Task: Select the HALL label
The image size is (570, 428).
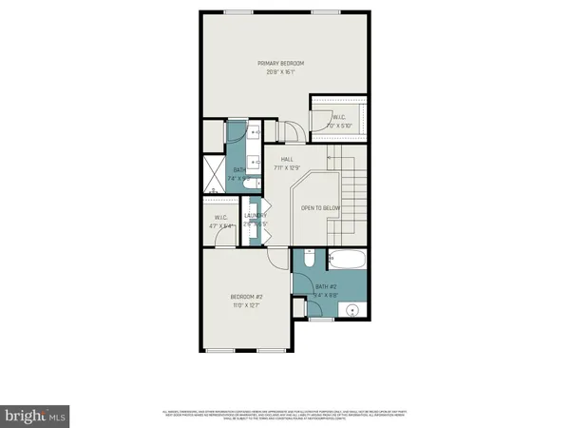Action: (286, 159)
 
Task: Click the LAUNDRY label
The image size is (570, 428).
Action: (254, 216)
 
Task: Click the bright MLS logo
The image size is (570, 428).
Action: (35, 416)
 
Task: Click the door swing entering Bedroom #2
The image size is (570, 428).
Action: (276, 259)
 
